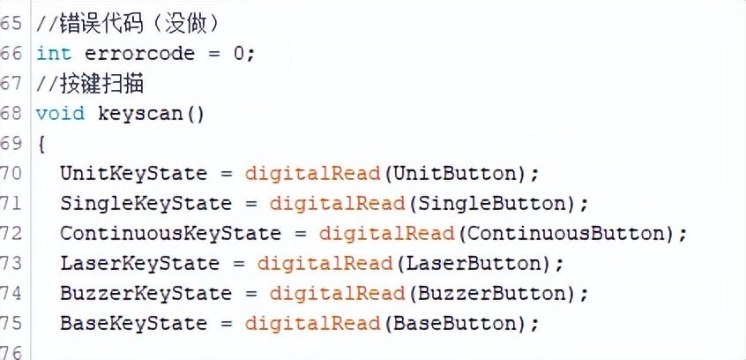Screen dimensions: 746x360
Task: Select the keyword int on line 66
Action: point(54,54)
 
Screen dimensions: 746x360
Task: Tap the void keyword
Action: point(60,114)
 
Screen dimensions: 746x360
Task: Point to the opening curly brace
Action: point(41,144)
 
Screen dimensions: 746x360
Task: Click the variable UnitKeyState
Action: point(133,173)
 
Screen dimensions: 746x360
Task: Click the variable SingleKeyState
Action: point(145,204)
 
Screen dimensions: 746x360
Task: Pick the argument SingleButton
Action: point(490,204)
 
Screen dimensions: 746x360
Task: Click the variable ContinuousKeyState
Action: point(170,234)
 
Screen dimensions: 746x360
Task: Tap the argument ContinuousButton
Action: point(564,234)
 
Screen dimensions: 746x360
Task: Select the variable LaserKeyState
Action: point(139,264)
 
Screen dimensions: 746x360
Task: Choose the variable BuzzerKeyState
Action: point(145,293)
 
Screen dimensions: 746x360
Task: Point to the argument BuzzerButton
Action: point(490,293)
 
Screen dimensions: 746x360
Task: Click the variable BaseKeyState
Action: point(133,323)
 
